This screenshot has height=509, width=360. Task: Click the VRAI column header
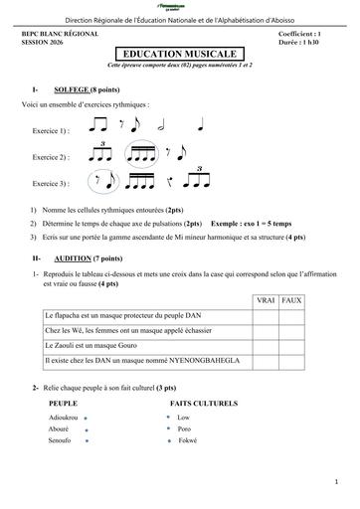pyautogui.click(x=266, y=299)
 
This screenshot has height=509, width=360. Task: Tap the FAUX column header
pyautogui.click(x=292, y=299)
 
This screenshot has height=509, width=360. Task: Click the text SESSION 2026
pyautogui.click(x=42, y=41)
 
